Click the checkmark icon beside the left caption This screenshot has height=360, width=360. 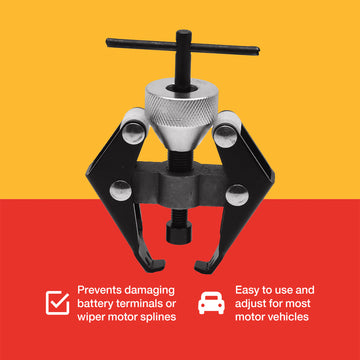(57, 302)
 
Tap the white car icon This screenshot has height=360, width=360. (211, 302)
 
